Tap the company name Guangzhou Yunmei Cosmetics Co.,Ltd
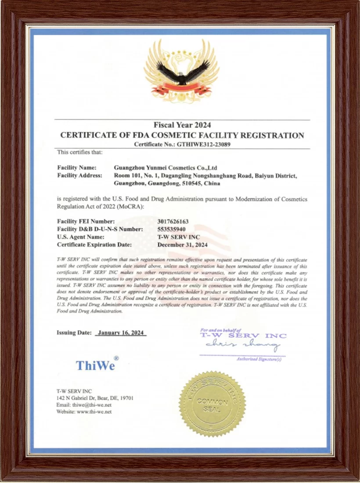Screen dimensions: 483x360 click(166, 168)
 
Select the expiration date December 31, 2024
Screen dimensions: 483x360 click(183, 245)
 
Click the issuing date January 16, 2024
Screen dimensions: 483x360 click(121, 333)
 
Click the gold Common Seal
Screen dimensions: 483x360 click(212, 404)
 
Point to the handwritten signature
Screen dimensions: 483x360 click(242, 345)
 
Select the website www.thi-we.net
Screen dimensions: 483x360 click(94, 412)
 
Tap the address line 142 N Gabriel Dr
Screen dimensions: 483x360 click(95, 398)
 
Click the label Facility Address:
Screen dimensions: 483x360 click(79, 175)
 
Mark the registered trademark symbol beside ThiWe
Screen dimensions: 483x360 click(116, 358)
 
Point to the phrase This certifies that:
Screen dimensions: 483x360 click(79, 152)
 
